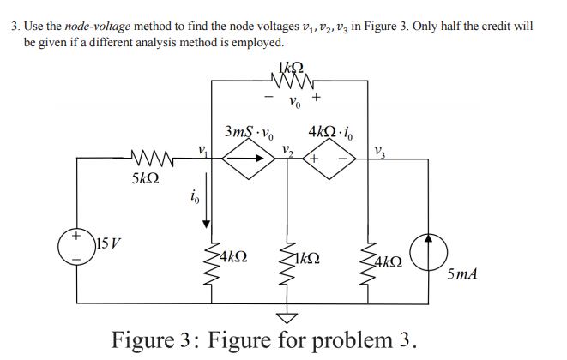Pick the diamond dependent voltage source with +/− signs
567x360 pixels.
tap(325, 159)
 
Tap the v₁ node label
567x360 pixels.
tap(202, 148)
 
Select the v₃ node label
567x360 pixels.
tap(379, 151)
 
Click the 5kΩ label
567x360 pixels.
tap(145, 182)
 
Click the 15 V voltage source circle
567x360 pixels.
tap(77, 244)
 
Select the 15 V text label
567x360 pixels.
tap(110, 237)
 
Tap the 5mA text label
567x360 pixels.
tap(463, 274)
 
